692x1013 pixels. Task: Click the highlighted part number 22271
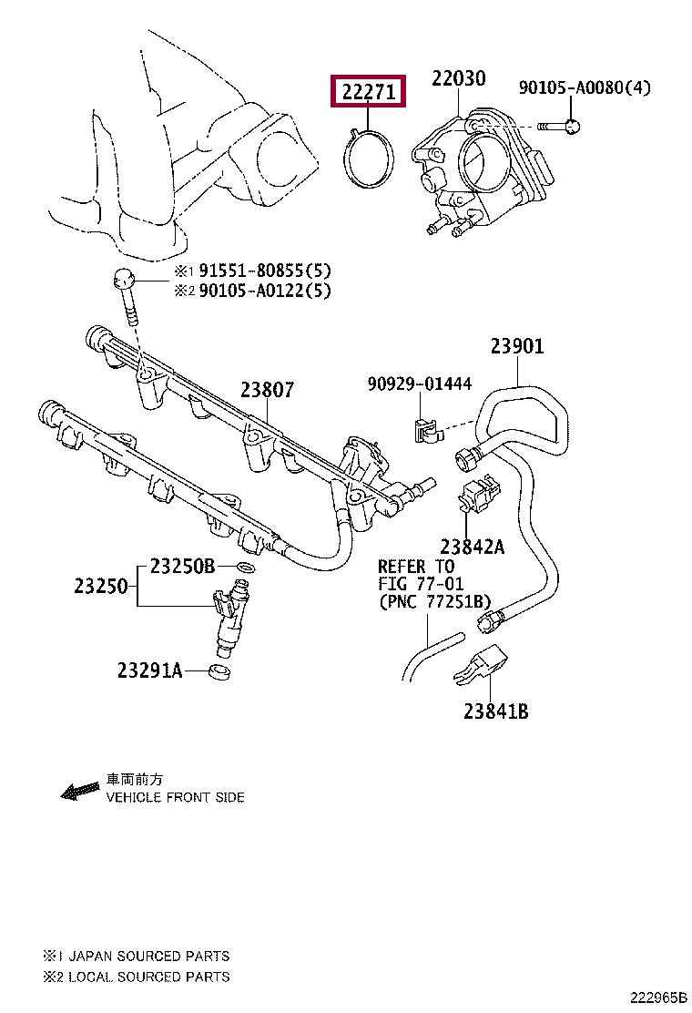(368, 92)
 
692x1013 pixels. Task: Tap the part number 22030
(458, 78)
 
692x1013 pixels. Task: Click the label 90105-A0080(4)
(585, 87)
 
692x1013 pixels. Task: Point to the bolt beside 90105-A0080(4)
(558, 126)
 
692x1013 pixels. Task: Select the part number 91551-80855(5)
(265, 270)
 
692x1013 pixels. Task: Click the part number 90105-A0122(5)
(265, 291)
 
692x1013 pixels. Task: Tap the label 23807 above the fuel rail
(268, 390)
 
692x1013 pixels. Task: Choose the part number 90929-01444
(420, 384)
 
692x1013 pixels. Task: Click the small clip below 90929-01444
(427, 430)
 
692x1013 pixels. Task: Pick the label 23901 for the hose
(517, 346)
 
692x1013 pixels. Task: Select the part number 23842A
(473, 547)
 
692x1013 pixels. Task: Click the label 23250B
(183, 566)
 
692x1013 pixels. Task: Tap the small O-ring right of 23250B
(246, 568)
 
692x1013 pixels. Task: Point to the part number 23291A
(149, 670)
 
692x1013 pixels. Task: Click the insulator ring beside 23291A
(220, 670)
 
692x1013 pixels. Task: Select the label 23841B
(495, 711)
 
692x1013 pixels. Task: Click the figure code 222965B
(658, 998)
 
